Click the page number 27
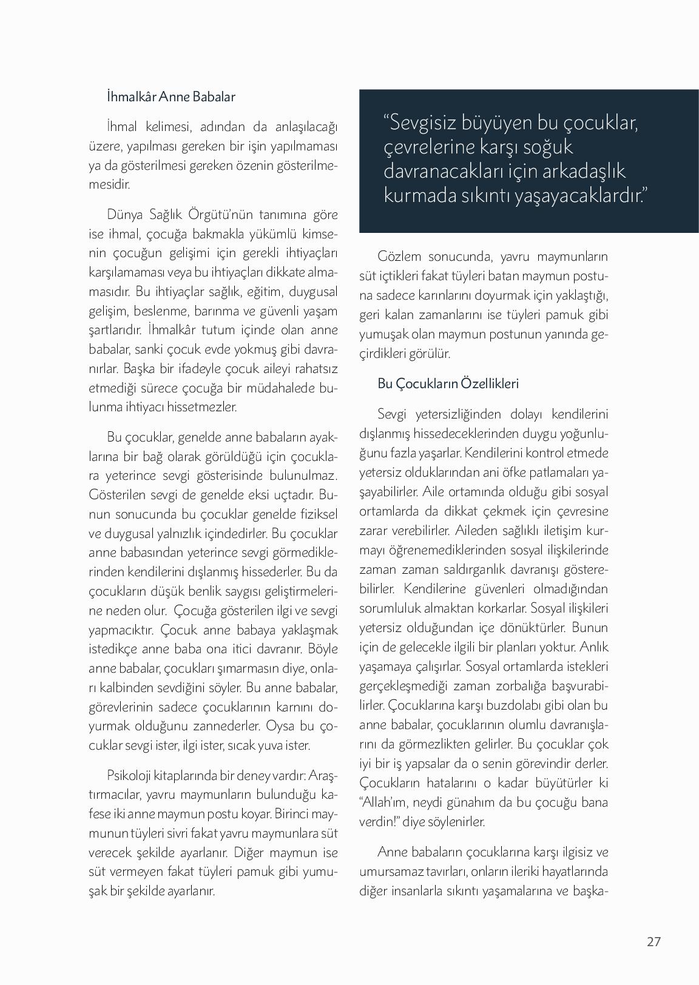pos(653,941)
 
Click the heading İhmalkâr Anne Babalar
pos(171,96)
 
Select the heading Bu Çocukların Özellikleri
pos(448,383)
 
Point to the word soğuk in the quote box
pos(545,147)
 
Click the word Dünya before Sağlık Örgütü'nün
pos(125,214)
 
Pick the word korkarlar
pos(498,608)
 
